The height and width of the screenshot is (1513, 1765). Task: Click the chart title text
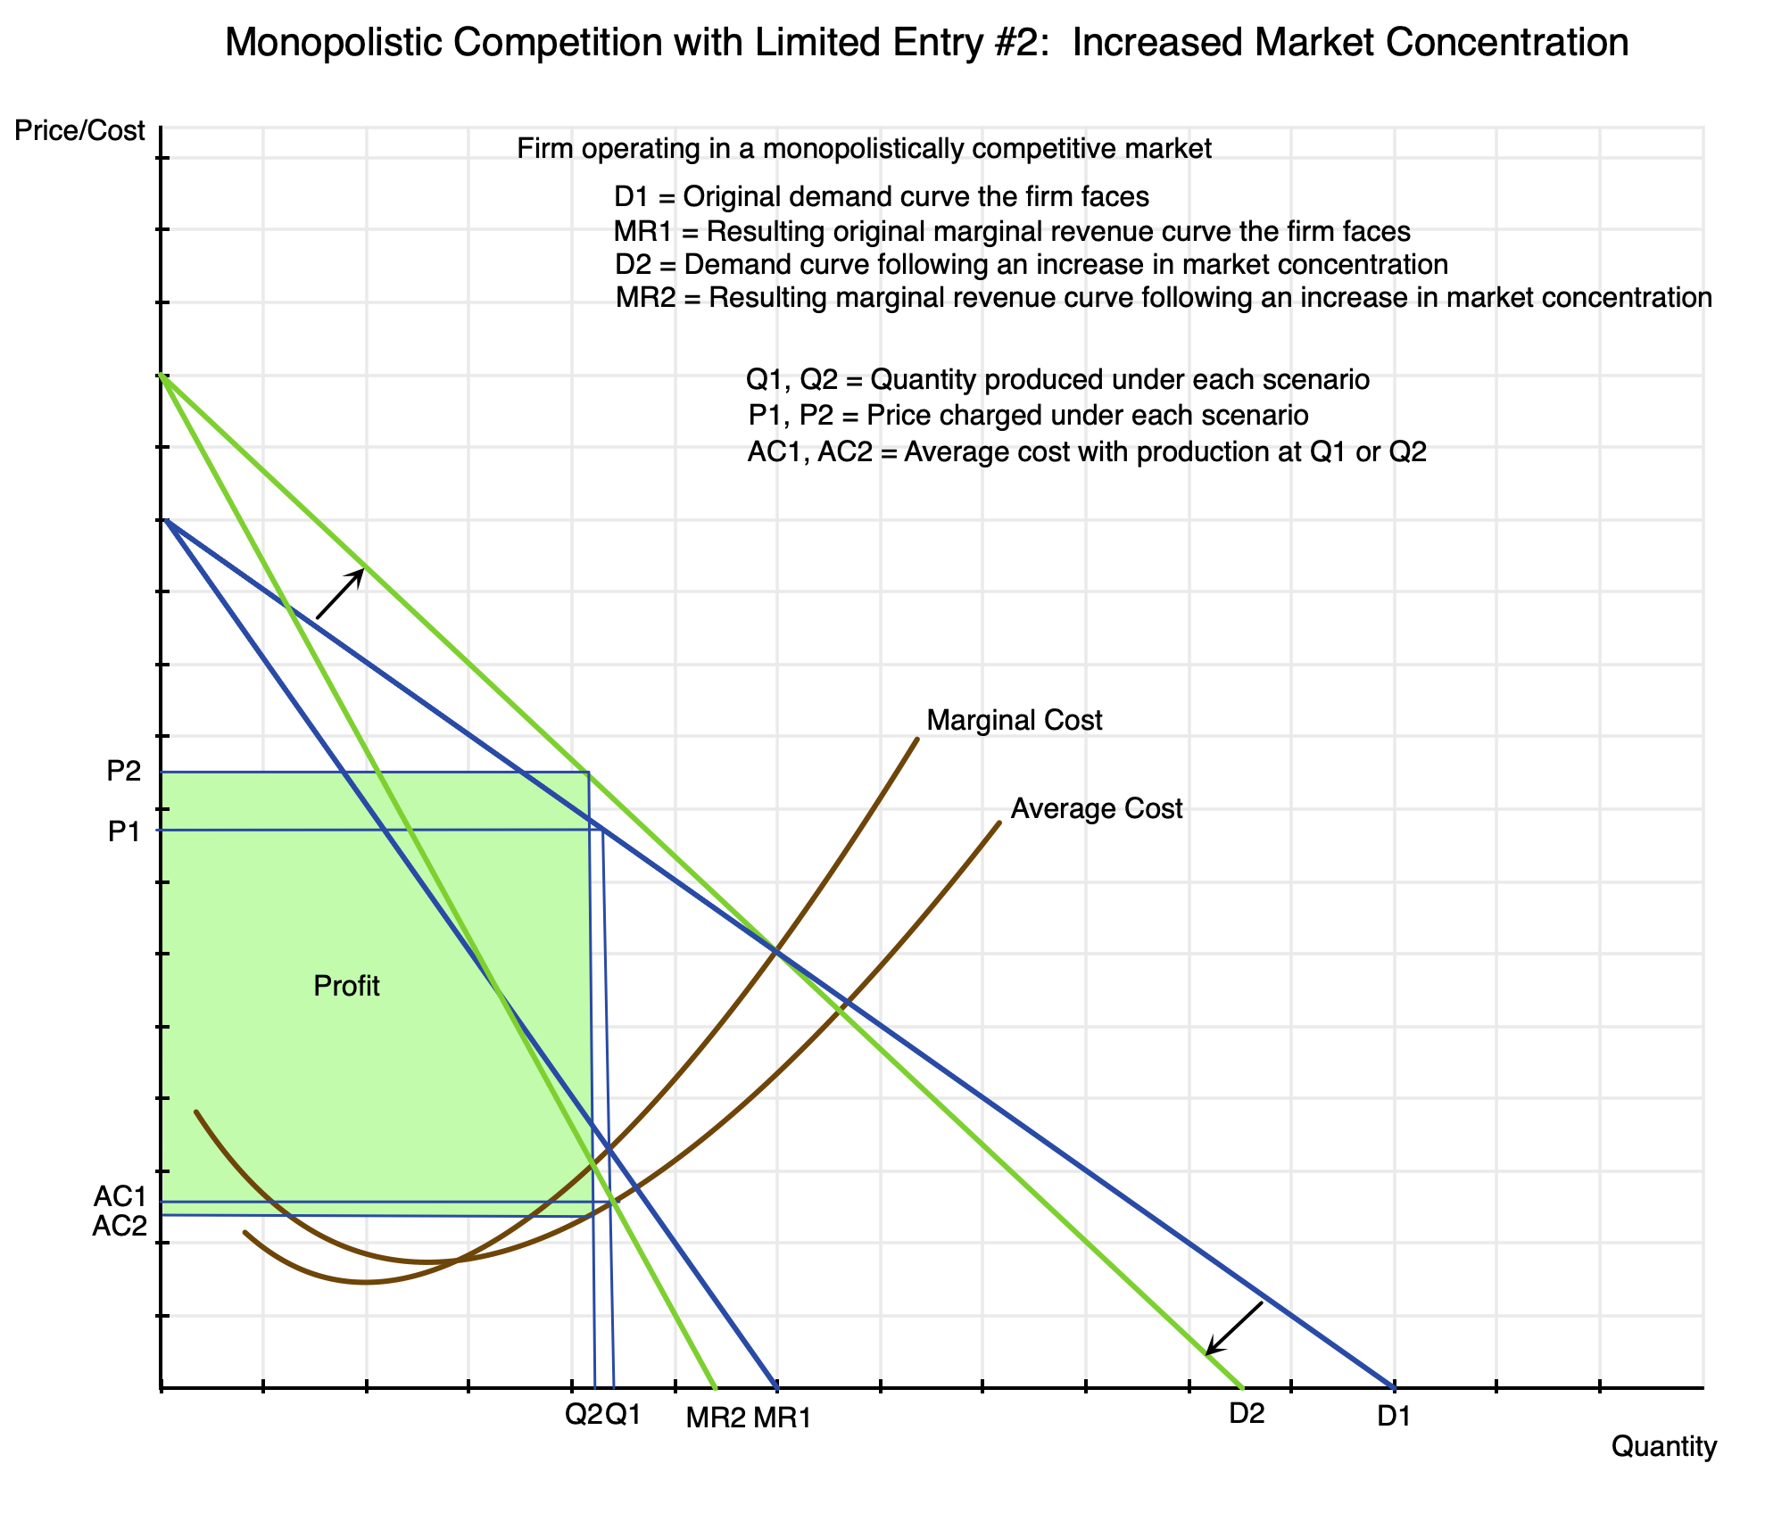926,43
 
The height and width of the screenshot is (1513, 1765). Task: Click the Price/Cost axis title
79,131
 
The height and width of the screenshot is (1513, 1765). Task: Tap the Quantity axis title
1663,1447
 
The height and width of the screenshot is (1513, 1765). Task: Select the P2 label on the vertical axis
124,772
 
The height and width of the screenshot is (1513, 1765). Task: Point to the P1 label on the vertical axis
124,831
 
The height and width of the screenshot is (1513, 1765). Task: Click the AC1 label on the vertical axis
120,1196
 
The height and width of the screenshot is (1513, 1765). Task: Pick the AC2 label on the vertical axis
120,1227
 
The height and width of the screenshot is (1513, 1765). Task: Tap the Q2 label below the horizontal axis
584,1414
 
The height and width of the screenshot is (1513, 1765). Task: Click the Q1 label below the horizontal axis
623,1414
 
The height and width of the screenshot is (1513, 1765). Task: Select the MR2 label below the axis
714,1418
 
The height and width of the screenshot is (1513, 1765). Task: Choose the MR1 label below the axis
782,1418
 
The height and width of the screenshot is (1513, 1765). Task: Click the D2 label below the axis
1247,1414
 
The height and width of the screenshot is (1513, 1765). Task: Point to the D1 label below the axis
1393,1416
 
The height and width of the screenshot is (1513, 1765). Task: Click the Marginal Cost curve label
1015,720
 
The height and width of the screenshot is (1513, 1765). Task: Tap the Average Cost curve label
1096,809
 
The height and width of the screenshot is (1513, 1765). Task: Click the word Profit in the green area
347,986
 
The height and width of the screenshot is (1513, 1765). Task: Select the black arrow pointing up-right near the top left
340,593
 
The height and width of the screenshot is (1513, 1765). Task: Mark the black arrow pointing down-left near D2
1234,1328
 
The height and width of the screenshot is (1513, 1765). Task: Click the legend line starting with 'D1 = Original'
881,196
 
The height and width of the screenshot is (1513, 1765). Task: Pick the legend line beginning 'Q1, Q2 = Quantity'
1057,380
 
